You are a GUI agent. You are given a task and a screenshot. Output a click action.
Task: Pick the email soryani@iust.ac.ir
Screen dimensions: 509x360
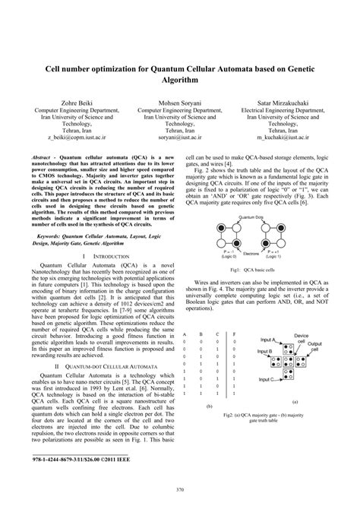(180, 138)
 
